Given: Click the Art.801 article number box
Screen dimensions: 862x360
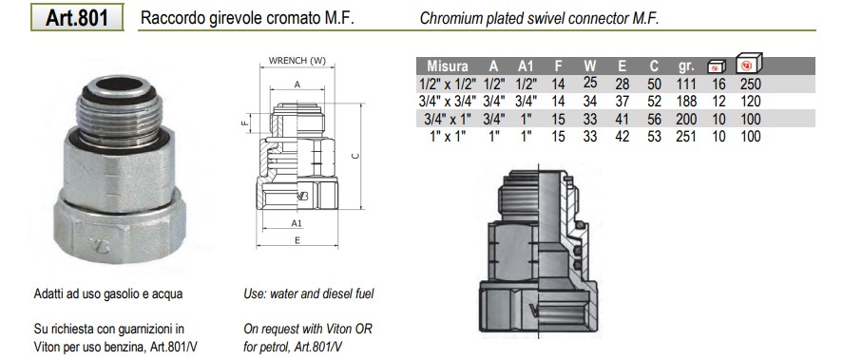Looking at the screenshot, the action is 77,17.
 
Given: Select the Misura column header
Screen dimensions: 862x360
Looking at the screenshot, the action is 448,66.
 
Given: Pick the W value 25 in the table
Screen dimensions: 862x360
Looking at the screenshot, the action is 590,83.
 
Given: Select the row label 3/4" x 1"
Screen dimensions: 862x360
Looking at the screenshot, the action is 450,119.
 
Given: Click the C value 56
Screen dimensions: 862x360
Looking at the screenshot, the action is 654,119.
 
